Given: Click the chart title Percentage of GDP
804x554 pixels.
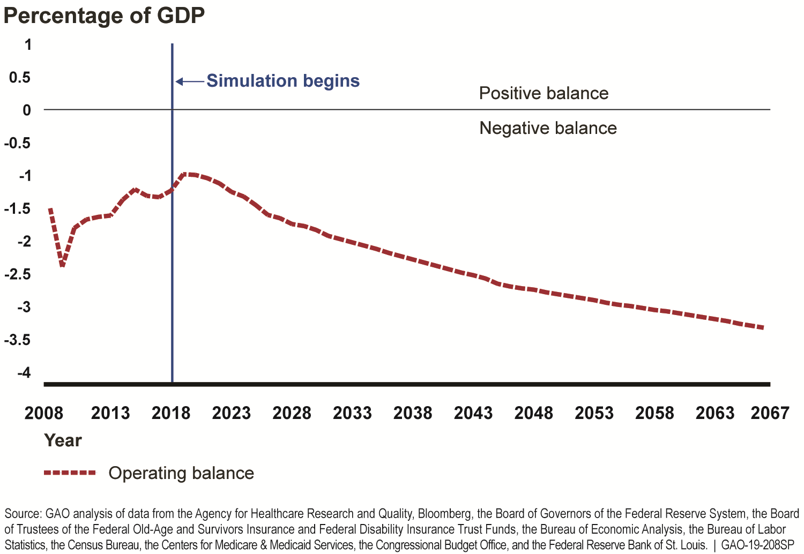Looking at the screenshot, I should (x=104, y=16).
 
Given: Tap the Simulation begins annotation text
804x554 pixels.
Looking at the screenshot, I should (x=283, y=81).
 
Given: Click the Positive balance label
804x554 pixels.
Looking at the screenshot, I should (x=544, y=93).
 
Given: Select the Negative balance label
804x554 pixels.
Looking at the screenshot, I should (x=548, y=128).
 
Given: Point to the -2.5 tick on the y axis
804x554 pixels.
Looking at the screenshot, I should (x=18, y=274).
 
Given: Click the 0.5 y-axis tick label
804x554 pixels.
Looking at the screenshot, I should (x=20, y=78).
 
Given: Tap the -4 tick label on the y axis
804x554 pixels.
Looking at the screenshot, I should (x=24, y=373).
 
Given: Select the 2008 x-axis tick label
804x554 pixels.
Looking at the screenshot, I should (x=44, y=413).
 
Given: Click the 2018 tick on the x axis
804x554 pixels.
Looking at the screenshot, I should (x=171, y=413).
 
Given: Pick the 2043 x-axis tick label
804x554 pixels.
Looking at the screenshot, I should (x=473, y=413).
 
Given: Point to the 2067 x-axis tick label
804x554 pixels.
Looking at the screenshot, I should (x=770, y=413).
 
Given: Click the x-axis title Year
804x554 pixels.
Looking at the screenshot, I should (x=63, y=440).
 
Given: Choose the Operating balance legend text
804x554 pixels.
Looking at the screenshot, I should (x=181, y=473).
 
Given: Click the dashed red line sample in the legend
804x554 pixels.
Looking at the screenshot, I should (x=70, y=473).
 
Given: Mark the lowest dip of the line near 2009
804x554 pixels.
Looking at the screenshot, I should (x=63, y=265).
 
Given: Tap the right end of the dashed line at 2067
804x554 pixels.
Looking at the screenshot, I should (x=762, y=327).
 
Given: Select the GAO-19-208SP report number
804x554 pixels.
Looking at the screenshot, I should (x=757, y=545).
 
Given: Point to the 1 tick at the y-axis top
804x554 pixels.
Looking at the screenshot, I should (x=28, y=44).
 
